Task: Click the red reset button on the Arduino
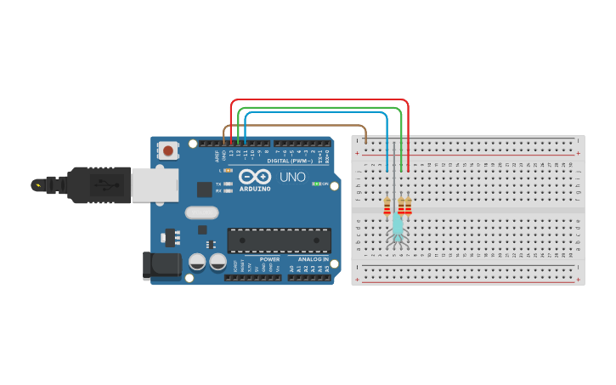pos(168,151)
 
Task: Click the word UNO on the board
pos(292,177)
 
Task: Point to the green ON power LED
pos(316,184)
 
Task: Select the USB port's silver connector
pos(155,184)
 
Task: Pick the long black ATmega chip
pos(279,241)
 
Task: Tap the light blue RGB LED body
pos(397,225)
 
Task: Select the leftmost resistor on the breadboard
pos(387,207)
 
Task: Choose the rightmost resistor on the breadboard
pos(408,207)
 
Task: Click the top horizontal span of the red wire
pos(319,100)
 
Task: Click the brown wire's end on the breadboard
pos(366,139)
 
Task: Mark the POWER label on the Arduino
pos(269,259)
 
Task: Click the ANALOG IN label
pos(313,259)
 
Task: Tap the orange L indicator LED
pos(228,171)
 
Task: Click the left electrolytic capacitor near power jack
pos(196,262)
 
